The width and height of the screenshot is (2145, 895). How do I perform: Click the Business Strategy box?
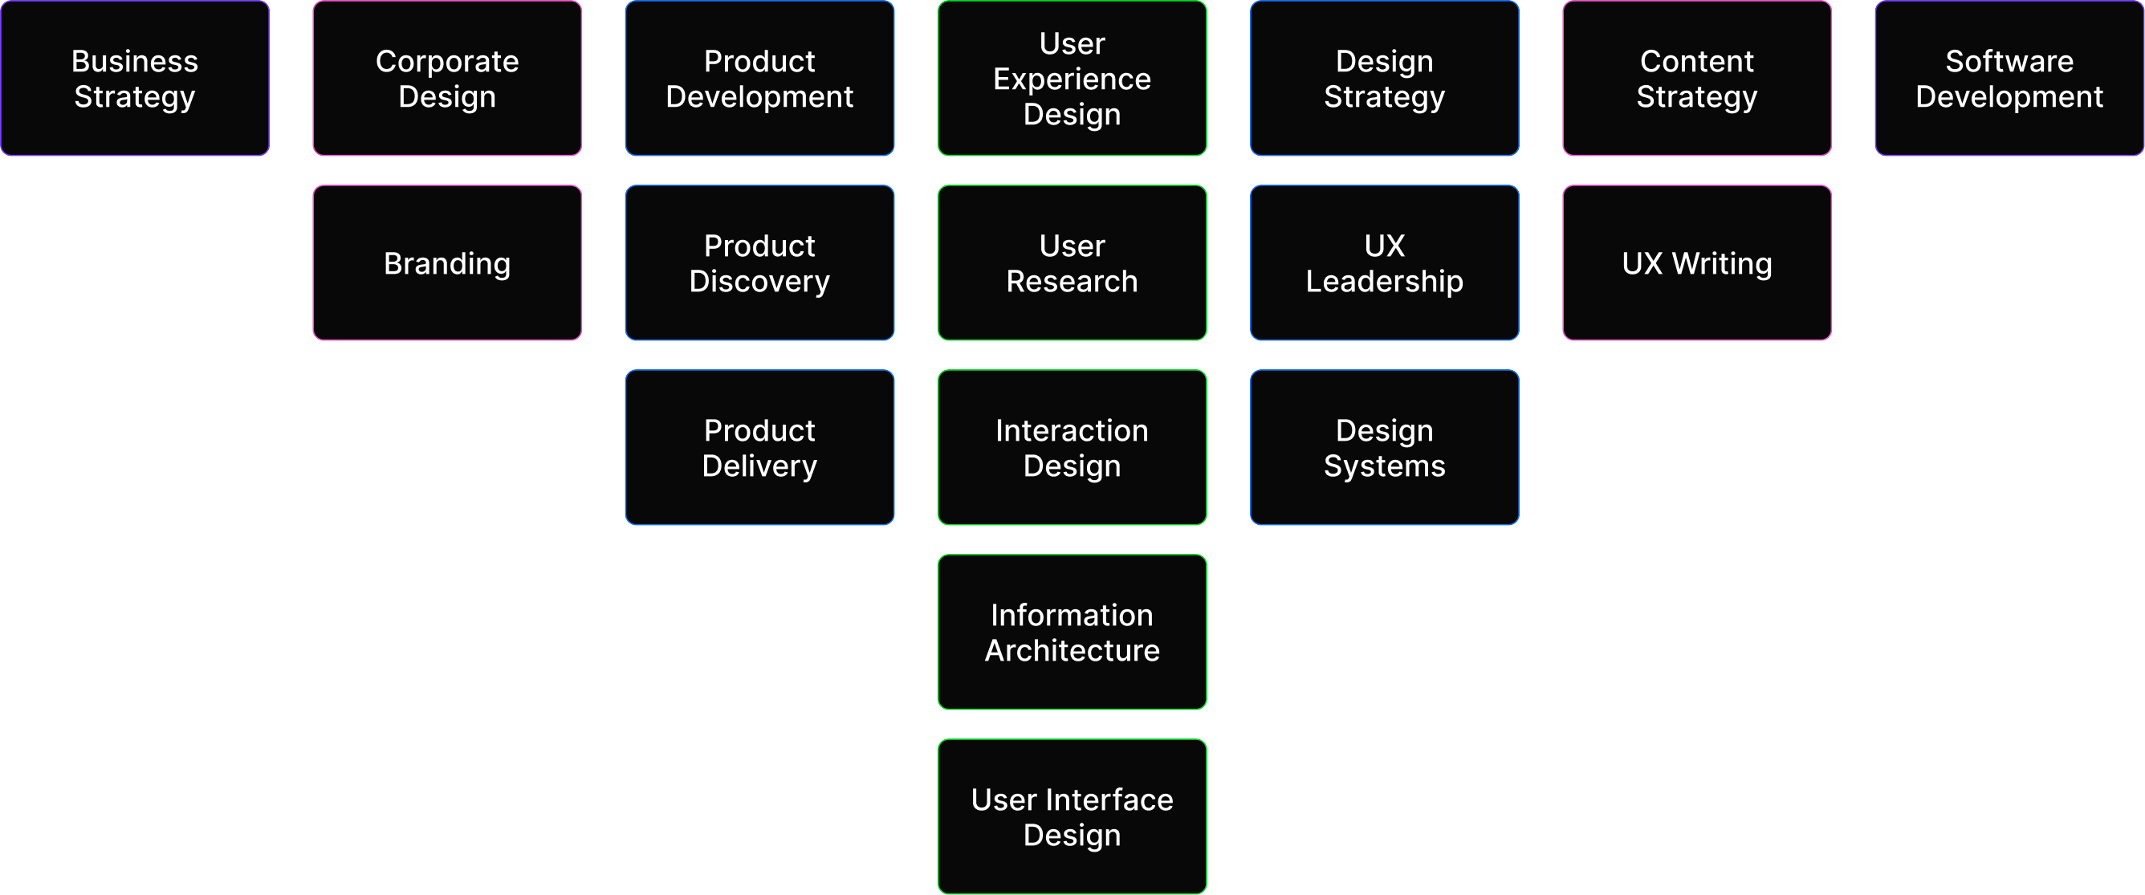(135, 78)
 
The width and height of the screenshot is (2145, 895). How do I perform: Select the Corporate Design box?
(447, 78)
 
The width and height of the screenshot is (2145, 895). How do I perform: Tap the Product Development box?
(759, 78)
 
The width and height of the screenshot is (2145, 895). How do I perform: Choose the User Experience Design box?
(1072, 78)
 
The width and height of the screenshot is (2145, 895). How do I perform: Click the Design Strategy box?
(1384, 78)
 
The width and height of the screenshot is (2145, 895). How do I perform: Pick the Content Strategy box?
(1696, 78)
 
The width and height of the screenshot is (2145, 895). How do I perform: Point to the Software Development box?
(2009, 78)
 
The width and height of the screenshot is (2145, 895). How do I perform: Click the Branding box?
(447, 263)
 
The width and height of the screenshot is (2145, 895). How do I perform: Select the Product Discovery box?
(759, 263)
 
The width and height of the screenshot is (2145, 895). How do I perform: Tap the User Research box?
(1072, 263)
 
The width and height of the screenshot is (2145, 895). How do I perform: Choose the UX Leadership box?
(1384, 263)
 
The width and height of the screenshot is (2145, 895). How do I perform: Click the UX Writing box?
(1696, 263)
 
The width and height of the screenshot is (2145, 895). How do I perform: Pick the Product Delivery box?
(759, 448)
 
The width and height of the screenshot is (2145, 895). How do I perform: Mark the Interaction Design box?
(1072, 448)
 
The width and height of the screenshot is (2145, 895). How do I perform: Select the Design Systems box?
(1384, 448)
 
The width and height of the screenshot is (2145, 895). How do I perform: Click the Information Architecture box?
(1072, 632)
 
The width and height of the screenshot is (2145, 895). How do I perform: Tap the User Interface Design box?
(1072, 817)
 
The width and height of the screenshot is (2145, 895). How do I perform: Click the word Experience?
(1072, 79)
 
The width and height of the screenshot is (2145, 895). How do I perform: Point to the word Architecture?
(1072, 650)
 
